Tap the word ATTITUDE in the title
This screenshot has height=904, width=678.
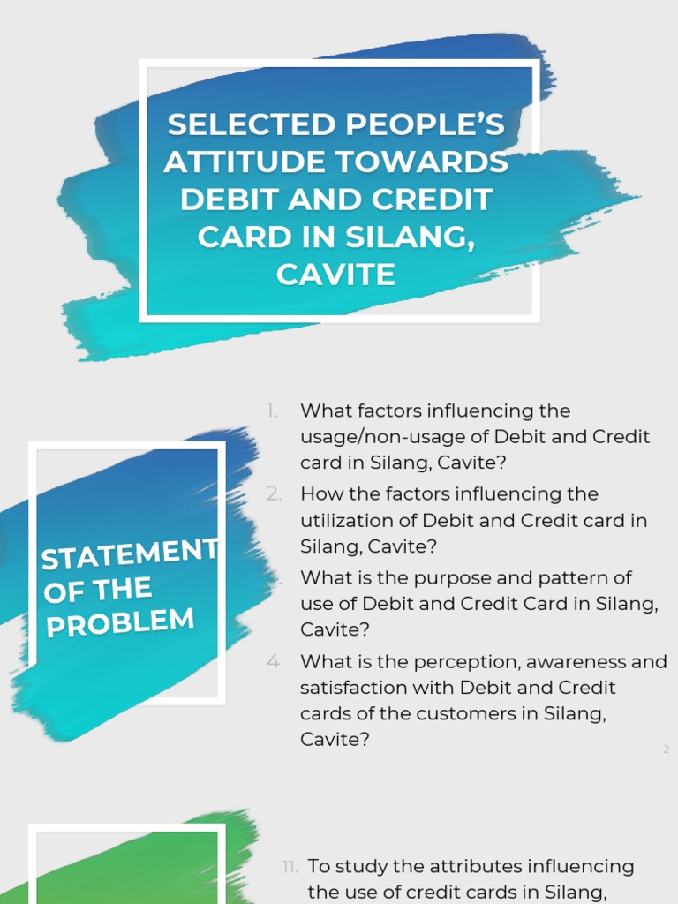pos(233,162)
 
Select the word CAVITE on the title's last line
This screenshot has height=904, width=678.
pos(335,275)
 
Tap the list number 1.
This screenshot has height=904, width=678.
pos(272,411)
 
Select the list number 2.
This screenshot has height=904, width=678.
pos(274,493)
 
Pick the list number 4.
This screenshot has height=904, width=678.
pos(275,661)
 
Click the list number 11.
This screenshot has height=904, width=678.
pos(290,867)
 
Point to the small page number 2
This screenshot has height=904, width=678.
pos(666,750)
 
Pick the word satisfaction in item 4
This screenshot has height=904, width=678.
pos(353,687)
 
